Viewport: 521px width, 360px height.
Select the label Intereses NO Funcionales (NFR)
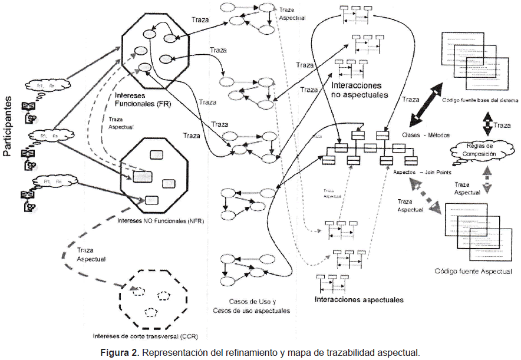click(x=152, y=222)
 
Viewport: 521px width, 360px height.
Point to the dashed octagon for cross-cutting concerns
click(x=150, y=299)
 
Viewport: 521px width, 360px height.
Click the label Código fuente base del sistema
click(x=476, y=101)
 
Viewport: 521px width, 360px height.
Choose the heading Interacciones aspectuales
click(x=359, y=299)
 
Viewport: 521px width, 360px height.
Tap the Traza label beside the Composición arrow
click(x=502, y=125)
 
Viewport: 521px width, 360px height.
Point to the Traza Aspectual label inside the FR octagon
click(x=120, y=123)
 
